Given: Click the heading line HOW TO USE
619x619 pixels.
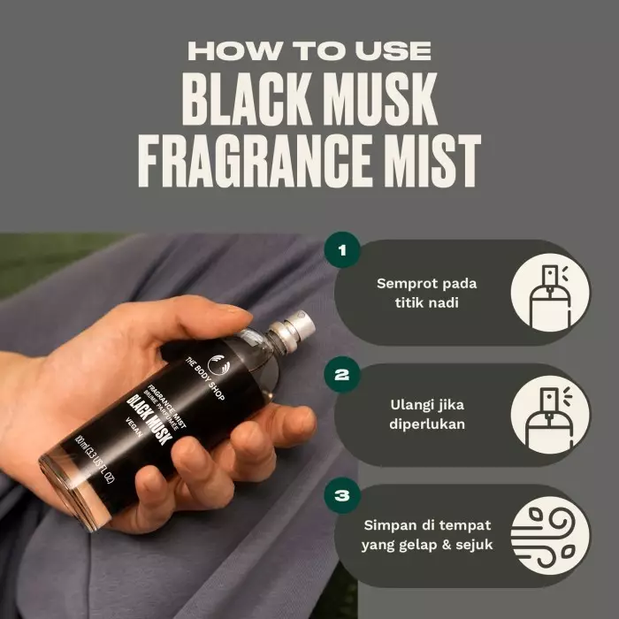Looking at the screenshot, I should pos(309,49).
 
